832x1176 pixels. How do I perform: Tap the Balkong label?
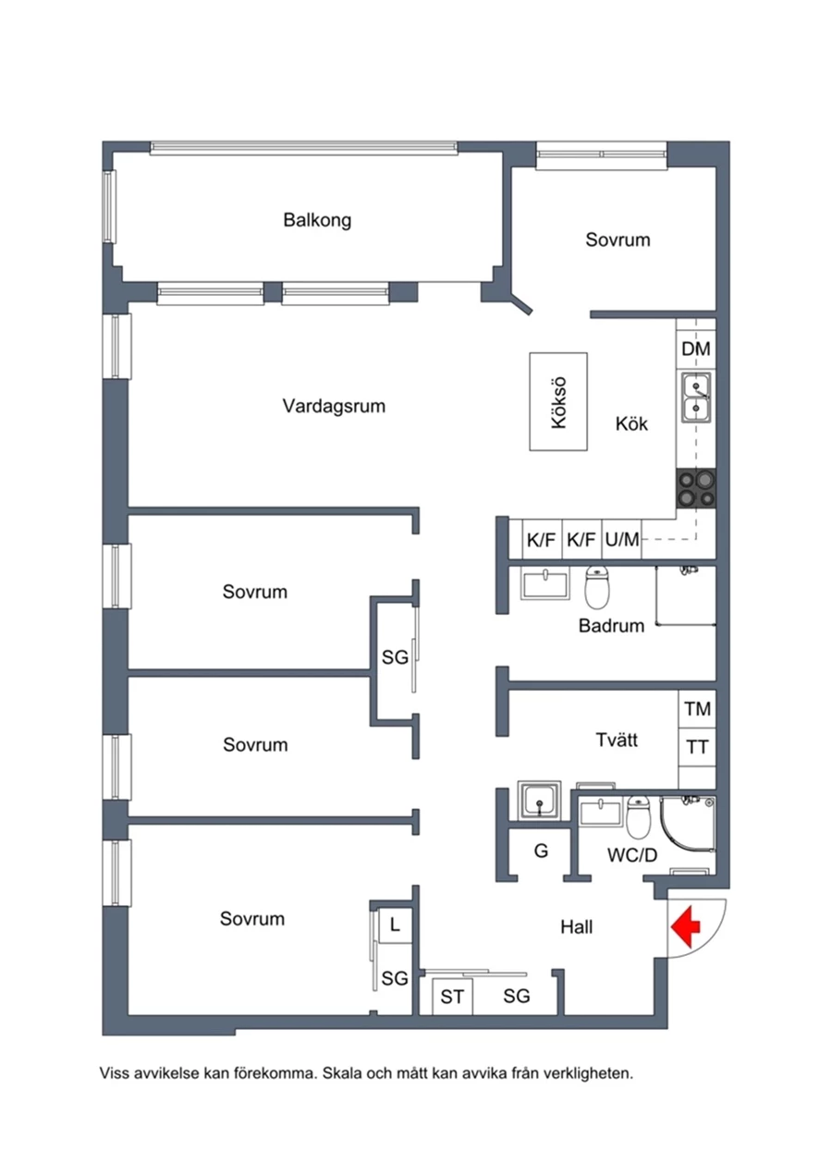click(x=317, y=221)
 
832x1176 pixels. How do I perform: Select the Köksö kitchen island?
click(x=558, y=401)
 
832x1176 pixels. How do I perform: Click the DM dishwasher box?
click(x=695, y=349)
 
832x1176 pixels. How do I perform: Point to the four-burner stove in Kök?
click(x=696, y=488)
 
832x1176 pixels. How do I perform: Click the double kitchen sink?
click(x=696, y=397)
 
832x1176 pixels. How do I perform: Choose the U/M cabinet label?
click(x=622, y=540)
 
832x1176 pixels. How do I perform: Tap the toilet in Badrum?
click(x=599, y=584)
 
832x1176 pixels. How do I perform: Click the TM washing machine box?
click(x=697, y=709)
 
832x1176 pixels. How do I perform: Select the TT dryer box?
click(x=697, y=746)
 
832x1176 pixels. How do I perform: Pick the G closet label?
click(x=541, y=851)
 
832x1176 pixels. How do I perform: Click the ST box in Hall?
click(x=452, y=997)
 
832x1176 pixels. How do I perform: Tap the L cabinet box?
click(x=395, y=924)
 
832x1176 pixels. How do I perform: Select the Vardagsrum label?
click(x=334, y=406)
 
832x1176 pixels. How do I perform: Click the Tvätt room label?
click(x=617, y=740)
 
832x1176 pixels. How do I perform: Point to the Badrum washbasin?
click(x=546, y=584)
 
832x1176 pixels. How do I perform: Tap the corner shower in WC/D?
click(x=689, y=825)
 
